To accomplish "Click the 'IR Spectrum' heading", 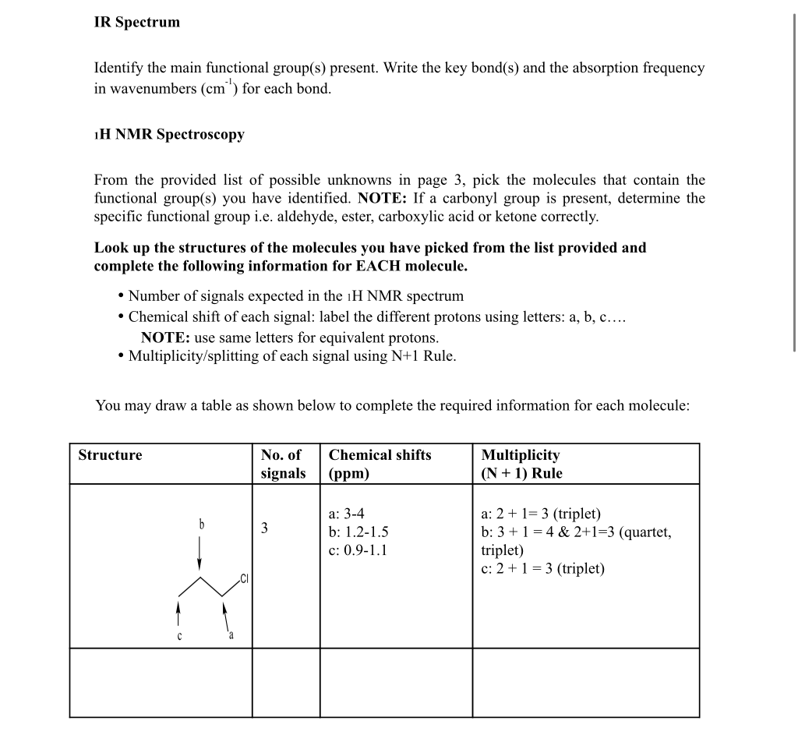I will coord(136,23).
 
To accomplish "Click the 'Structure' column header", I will coord(110,455).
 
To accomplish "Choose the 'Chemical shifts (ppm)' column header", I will coord(380,464).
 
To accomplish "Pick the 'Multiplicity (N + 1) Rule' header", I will coord(521,464).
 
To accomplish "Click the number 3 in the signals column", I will coord(264,528).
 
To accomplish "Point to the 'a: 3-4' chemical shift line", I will coord(347,514).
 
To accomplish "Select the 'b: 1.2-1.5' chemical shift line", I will coord(358,532).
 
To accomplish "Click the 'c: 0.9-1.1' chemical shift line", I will coord(358,550).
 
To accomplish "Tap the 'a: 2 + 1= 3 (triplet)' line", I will coord(542,514).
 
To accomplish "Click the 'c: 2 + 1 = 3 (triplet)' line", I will coord(543,568).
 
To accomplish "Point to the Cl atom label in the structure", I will coord(245,578).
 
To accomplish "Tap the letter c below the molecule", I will coord(178,635).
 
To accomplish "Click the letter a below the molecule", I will coord(231,635).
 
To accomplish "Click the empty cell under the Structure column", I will coord(161,682).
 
